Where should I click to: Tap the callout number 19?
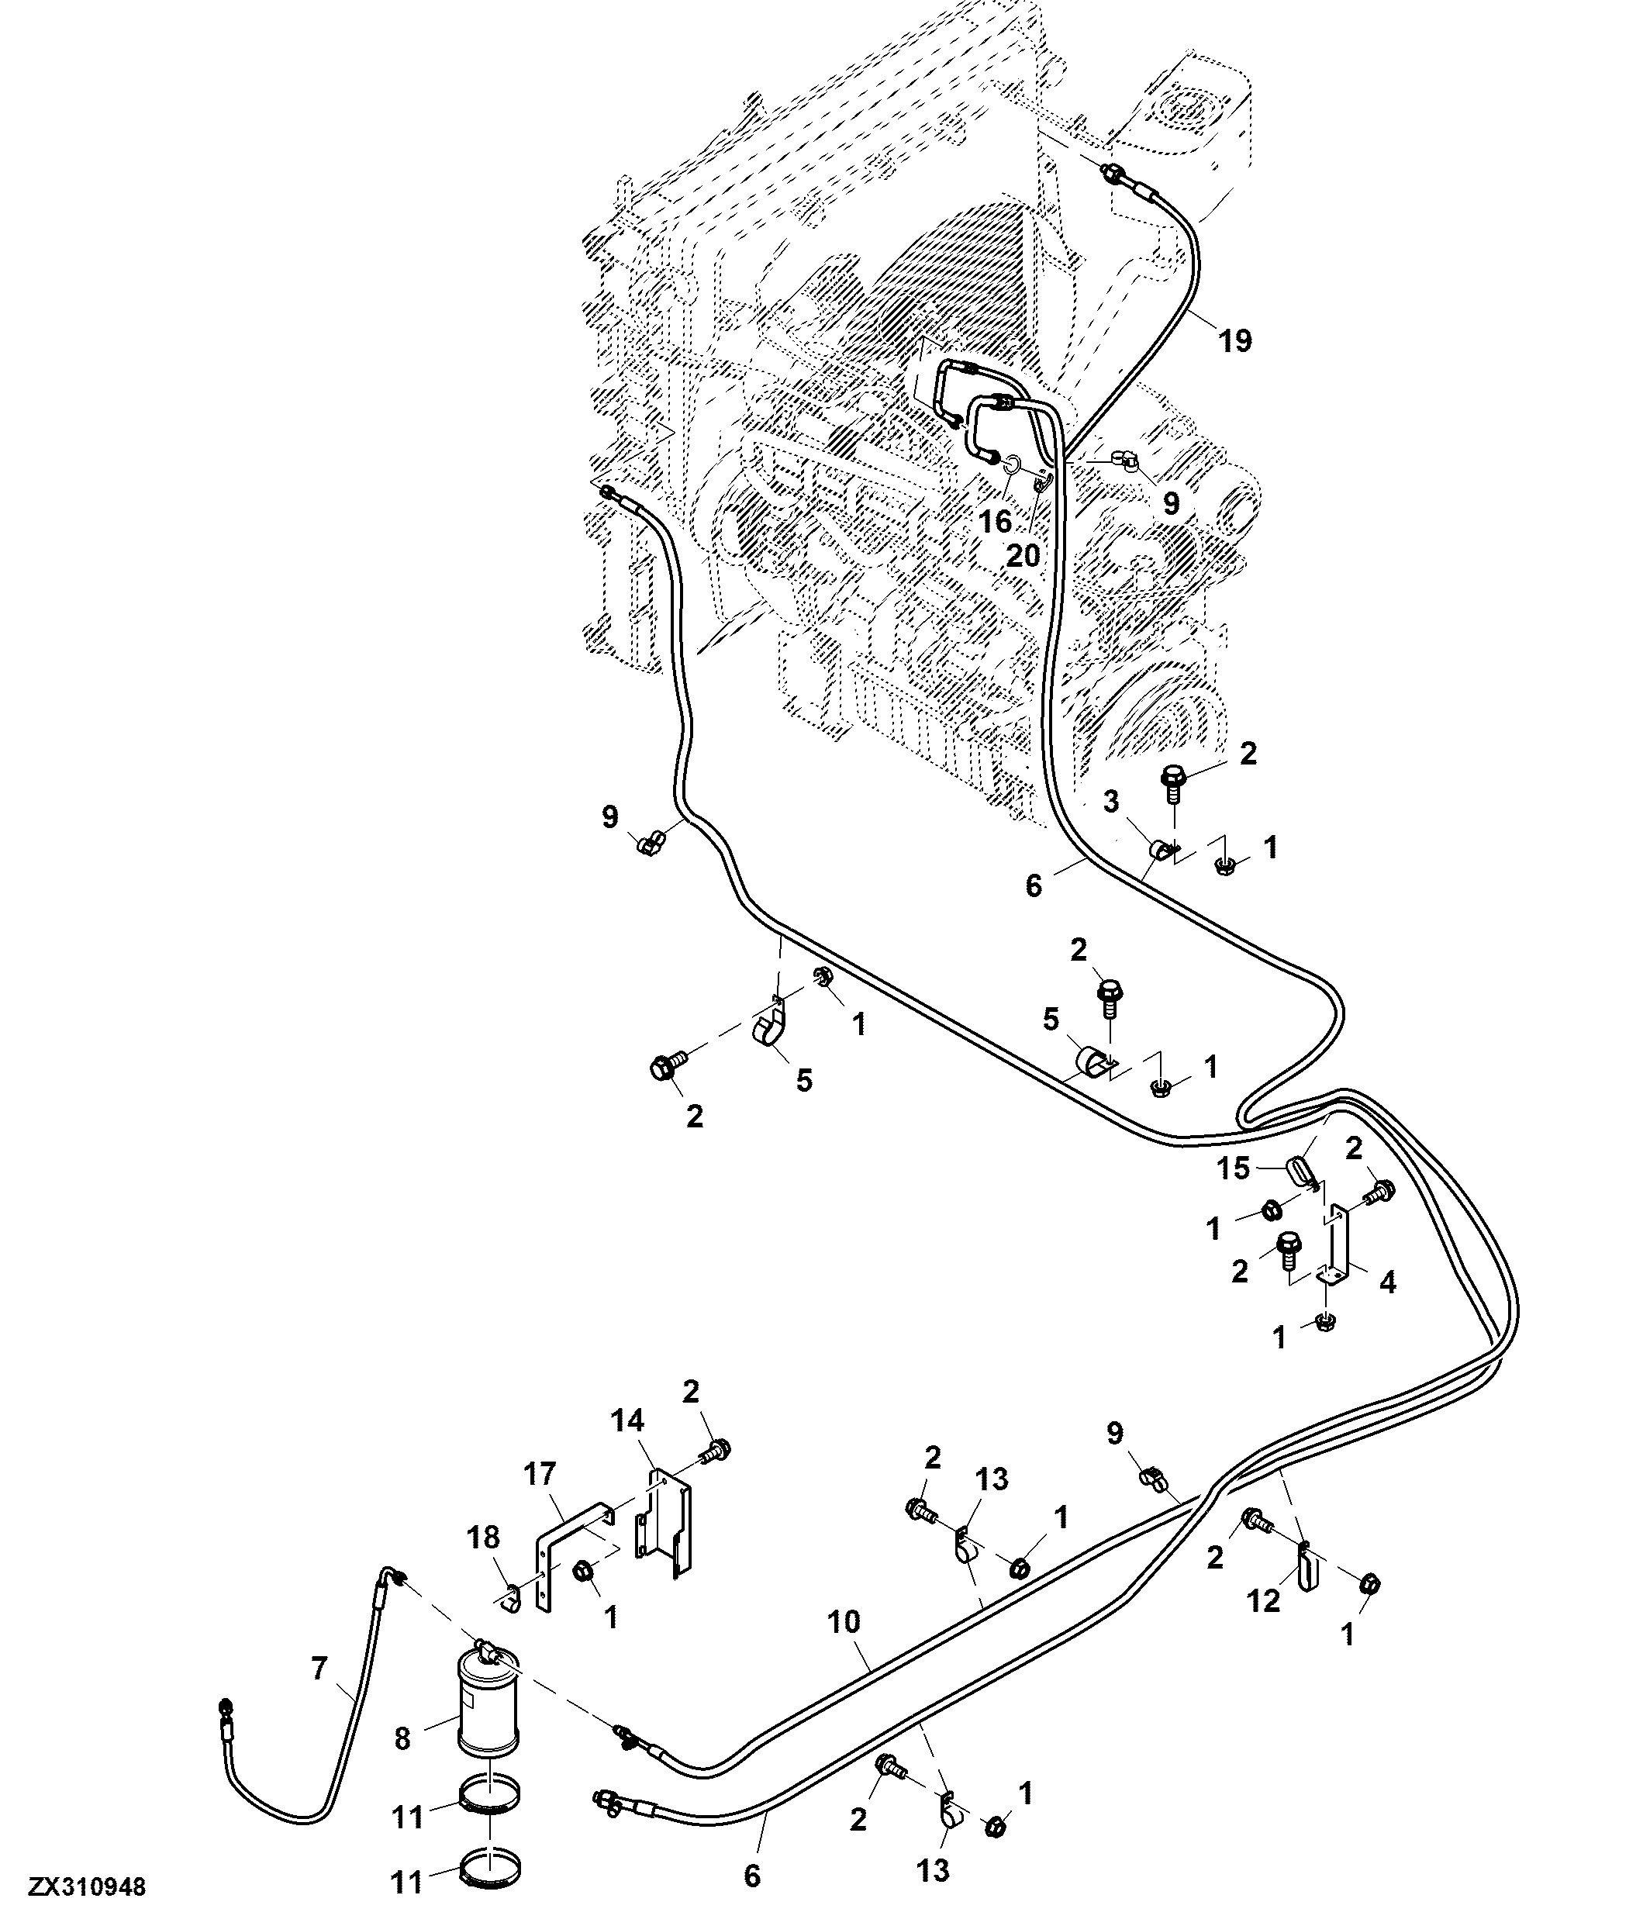[x=1235, y=341]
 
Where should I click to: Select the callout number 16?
[x=996, y=522]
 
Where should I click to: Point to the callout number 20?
[x=1023, y=556]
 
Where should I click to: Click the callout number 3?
[x=1111, y=801]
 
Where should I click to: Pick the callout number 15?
[x=1234, y=1168]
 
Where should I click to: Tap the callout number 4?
[x=1388, y=1282]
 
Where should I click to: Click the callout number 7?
[x=319, y=1669]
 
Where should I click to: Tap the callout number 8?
[x=402, y=1738]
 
